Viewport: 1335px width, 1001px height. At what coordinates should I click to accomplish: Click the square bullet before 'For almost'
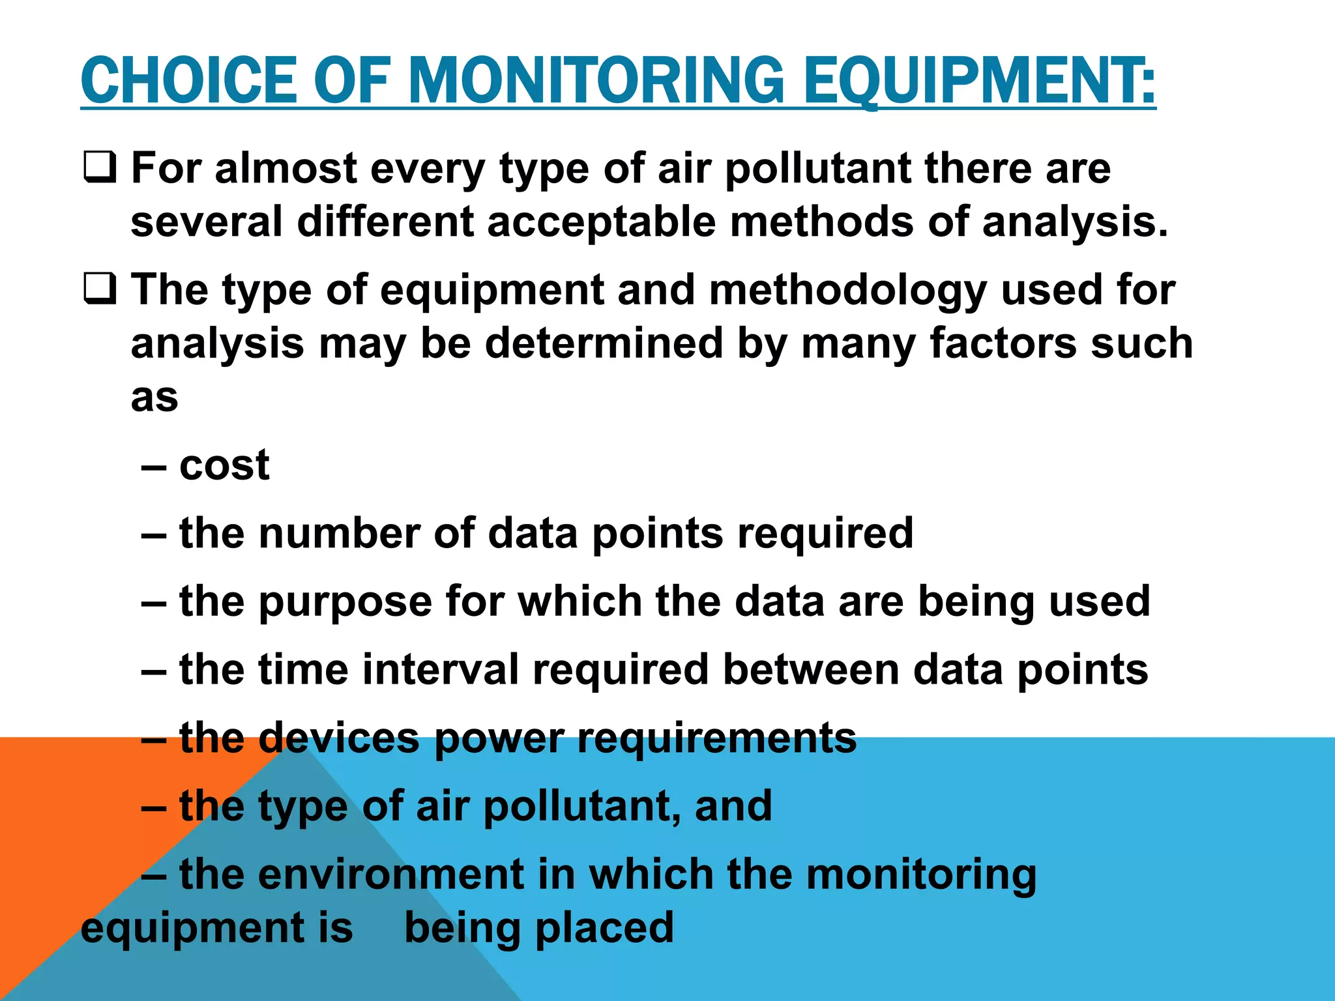(x=100, y=167)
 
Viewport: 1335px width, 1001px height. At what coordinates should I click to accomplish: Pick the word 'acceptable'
(x=601, y=222)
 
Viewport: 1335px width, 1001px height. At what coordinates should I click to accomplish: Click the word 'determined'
(x=604, y=343)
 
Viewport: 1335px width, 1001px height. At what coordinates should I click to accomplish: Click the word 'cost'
(x=224, y=465)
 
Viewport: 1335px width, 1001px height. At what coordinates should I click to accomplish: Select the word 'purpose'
(x=345, y=602)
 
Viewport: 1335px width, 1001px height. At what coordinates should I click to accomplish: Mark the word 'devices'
(x=339, y=738)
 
